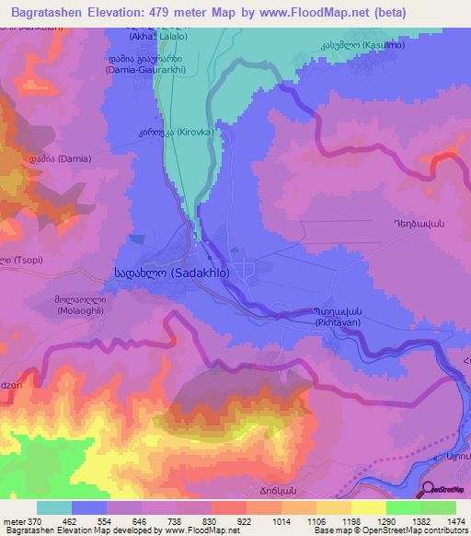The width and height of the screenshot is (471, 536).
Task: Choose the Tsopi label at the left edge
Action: (17, 258)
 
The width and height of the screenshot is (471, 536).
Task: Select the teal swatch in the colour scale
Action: (54, 507)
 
